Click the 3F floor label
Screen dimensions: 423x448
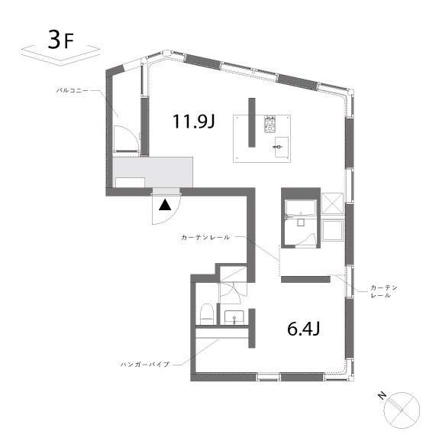tap(61, 40)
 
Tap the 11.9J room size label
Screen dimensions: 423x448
tap(193, 121)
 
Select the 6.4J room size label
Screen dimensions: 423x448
tap(303, 329)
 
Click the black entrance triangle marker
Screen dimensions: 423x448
tap(165, 205)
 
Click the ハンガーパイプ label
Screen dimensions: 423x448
tap(145, 364)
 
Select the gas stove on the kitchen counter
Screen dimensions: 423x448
tap(270, 125)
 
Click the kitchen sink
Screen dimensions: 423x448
tap(282, 147)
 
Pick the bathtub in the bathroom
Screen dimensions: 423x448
tap(301, 208)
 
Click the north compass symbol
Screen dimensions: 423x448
tap(402, 411)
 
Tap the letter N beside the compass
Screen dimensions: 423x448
tap(382, 396)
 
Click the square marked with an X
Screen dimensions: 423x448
tap(332, 203)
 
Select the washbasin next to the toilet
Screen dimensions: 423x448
tap(234, 317)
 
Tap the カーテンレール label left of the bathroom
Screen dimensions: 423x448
tap(205, 238)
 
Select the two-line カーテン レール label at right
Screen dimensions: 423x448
tap(384, 291)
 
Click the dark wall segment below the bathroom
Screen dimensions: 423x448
tap(305, 279)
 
